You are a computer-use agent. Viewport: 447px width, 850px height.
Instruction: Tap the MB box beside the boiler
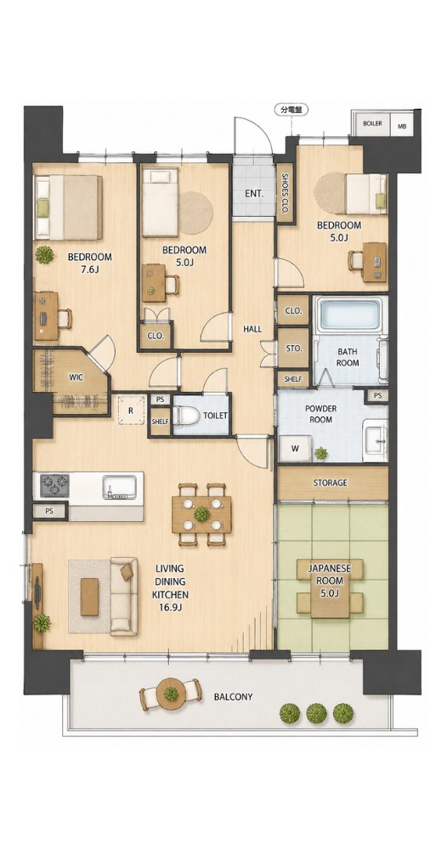pyautogui.click(x=402, y=127)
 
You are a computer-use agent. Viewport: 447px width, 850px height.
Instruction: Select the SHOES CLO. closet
pyautogui.click(x=284, y=193)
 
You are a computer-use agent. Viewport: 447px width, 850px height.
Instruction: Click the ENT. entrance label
pyautogui.click(x=253, y=194)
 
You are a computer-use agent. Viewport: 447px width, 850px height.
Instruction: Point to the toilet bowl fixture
pyautogui.click(x=186, y=416)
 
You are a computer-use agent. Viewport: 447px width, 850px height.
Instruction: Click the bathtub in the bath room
pyautogui.click(x=349, y=315)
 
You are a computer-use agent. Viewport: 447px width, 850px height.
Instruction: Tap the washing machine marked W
pyautogui.click(x=295, y=448)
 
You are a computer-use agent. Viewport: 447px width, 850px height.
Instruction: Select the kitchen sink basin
pyautogui.click(x=119, y=486)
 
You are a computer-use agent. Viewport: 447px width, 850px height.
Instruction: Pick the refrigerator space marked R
pyautogui.click(x=131, y=410)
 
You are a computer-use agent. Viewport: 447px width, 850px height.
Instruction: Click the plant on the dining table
pyautogui.click(x=201, y=513)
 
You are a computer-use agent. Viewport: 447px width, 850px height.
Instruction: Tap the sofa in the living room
pyautogui.click(x=125, y=596)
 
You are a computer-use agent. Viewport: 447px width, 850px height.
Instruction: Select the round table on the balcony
pyautogui.click(x=171, y=693)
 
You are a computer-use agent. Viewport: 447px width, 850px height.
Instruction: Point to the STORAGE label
pyautogui.click(x=330, y=482)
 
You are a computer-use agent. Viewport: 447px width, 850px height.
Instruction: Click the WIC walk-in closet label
pyautogui.click(x=76, y=377)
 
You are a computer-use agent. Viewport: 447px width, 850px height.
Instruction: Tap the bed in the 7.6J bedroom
pyautogui.click(x=68, y=207)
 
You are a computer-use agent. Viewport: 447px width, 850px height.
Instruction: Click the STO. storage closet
pyautogui.click(x=293, y=348)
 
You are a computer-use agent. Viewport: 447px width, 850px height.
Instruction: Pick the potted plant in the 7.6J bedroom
pyautogui.click(x=44, y=254)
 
